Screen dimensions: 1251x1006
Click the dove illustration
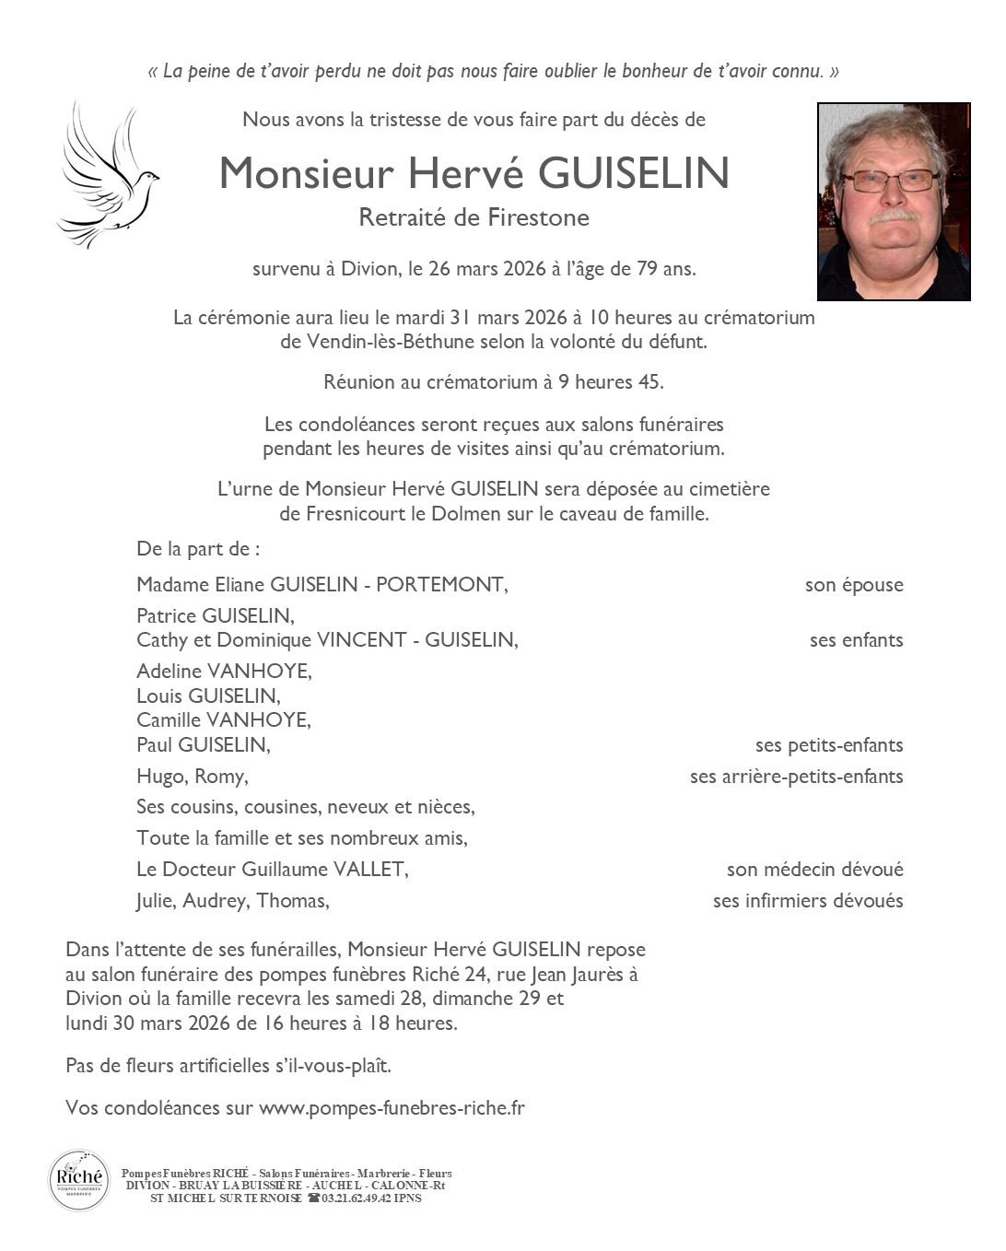[106, 175]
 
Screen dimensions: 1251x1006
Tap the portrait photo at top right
[894, 201]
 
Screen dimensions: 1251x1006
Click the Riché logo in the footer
[78, 1180]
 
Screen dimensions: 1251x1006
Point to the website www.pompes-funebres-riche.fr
[392, 1108]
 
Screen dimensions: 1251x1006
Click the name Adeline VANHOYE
[224, 671]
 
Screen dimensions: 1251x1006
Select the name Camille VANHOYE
[224, 719]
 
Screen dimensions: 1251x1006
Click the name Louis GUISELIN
[208, 696]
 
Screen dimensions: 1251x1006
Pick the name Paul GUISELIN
[203, 744]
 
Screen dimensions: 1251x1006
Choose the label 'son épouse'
[854, 585]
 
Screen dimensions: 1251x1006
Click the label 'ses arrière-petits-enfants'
[796, 777]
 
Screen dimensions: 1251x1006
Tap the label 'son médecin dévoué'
[814, 870]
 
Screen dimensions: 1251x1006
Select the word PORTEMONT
[441, 584]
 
